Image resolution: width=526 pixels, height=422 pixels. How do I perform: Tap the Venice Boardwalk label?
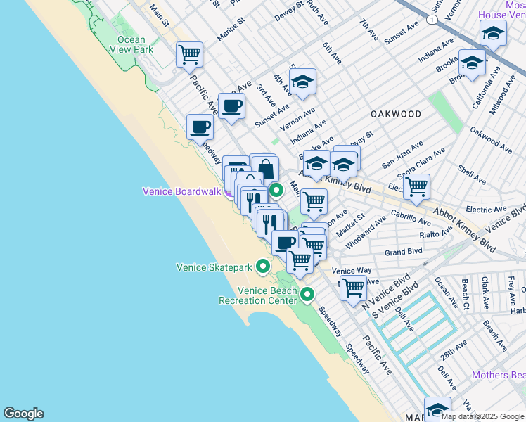pyautogui.click(x=182, y=191)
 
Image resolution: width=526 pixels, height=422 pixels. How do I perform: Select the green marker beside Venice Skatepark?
pyautogui.click(x=262, y=266)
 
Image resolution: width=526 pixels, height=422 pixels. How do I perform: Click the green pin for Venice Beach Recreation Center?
pyautogui.click(x=307, y=293)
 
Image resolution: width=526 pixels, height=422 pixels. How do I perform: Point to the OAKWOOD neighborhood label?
pyautogui.click(x=397, y=114)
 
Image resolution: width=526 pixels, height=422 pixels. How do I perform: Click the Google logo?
pyautogui.click(x=23, y=414)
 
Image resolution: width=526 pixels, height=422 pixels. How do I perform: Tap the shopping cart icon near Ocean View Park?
pyautogui.click(x=189, y=53)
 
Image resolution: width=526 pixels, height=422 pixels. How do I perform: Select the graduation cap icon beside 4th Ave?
pyautogui.click(x=302, y=81)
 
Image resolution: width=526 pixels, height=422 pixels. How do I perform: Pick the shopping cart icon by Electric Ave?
pyautogui.click(x=416, y=186)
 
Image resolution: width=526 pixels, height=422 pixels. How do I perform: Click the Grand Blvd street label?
pyautogui.click(x=403, y=251)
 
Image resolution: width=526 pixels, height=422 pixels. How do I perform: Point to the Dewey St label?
pyautogui.click(x=290, y=9)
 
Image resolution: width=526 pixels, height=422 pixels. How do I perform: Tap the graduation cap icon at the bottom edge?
pyautogui.click(x=437, y=409)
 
